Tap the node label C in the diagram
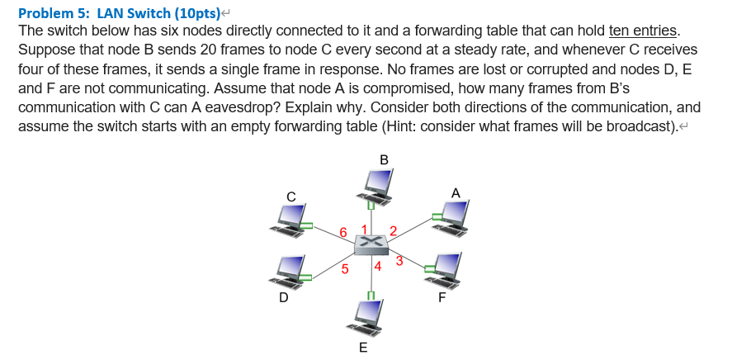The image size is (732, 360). pos(290,196)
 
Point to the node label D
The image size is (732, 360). pos(283,297)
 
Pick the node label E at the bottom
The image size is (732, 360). pos(364,348)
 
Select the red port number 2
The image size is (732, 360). pos(393,230)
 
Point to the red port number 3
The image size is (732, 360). pos(399,262)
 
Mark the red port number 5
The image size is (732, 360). pos(344,268)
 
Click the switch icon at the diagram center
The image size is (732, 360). pos(371,244)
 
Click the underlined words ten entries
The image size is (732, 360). pos(644,31)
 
